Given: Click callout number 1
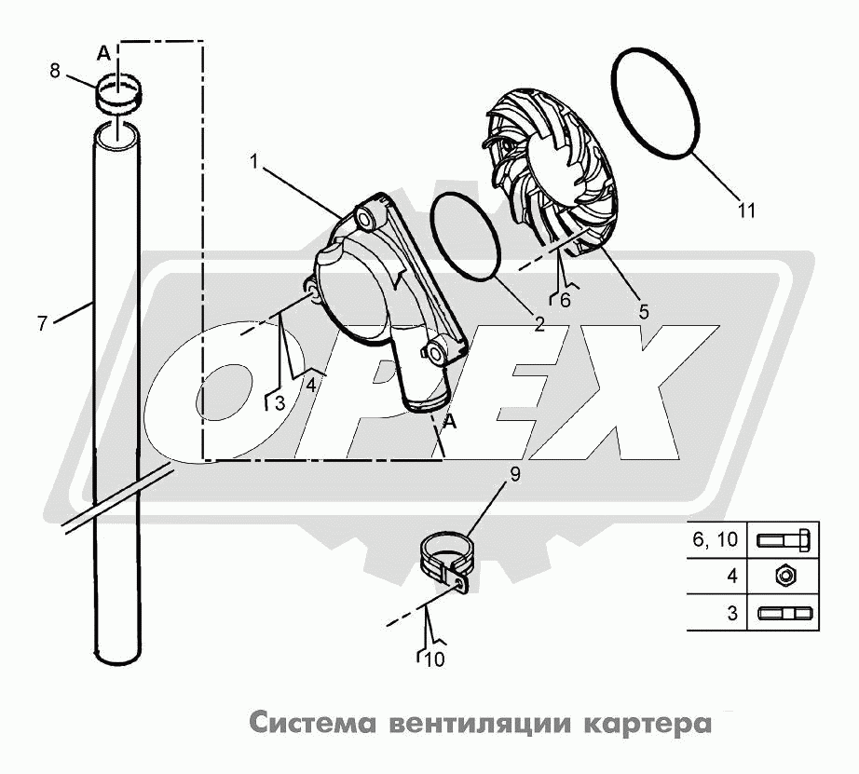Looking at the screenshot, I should click(254, 161).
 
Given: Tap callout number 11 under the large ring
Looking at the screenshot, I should click(745, 210).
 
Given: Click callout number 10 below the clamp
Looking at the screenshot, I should click(434, 660).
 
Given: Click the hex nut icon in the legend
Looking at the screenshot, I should click(784, 577).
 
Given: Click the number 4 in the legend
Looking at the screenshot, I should click(733, 577).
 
